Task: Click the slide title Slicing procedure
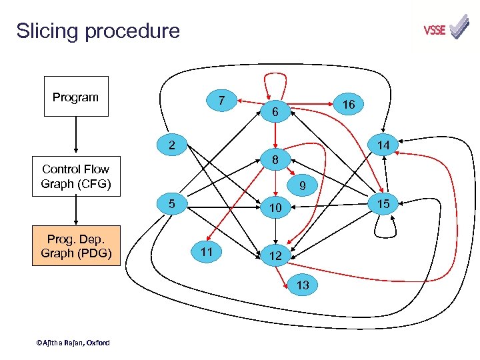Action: pos(98,31)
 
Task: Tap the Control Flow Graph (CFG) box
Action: pos(75,177)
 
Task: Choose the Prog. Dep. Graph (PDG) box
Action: pos(76,246)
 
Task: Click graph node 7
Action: pos(221,101)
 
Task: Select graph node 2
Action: pos(171,144)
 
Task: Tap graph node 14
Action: pos(383,144)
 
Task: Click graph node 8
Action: pos(275,160)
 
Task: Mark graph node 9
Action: pos(302,186)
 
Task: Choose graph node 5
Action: pos(171,203)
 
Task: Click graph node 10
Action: pos(275,209)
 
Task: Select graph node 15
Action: pos(383,202)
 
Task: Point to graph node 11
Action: pos(206,251)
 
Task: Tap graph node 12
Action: pos(275,256)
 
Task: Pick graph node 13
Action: pos(302,285)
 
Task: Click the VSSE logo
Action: pos(446,29)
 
